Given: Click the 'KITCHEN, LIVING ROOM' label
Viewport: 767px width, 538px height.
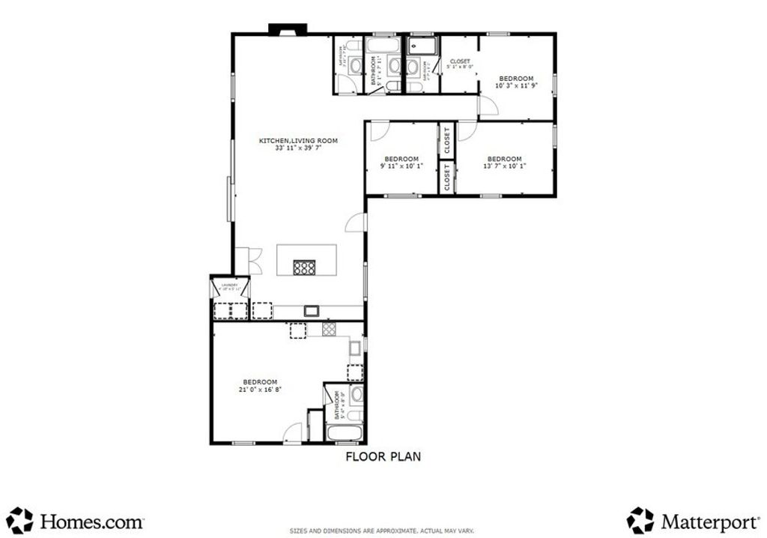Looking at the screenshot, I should (298, 140).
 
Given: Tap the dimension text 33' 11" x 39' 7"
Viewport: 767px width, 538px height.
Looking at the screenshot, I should (298, 148).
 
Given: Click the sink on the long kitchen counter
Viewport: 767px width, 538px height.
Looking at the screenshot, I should (311, 310).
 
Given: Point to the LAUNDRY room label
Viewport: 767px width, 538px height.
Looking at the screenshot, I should (229, 285).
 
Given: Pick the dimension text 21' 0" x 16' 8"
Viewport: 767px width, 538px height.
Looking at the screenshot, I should (260, 390).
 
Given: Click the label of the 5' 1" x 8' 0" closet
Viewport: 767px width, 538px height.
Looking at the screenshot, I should (459, 61).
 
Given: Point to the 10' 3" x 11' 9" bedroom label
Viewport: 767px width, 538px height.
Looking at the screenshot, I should (516, 79).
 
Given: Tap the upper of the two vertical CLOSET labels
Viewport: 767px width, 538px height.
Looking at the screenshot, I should (447, 140).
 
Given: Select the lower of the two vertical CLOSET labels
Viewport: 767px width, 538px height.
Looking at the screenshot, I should (447, 178).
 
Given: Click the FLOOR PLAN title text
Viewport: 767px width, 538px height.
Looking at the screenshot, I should (382, 456).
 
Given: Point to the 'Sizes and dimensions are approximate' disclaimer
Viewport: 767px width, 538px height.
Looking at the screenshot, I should (383, 531).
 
